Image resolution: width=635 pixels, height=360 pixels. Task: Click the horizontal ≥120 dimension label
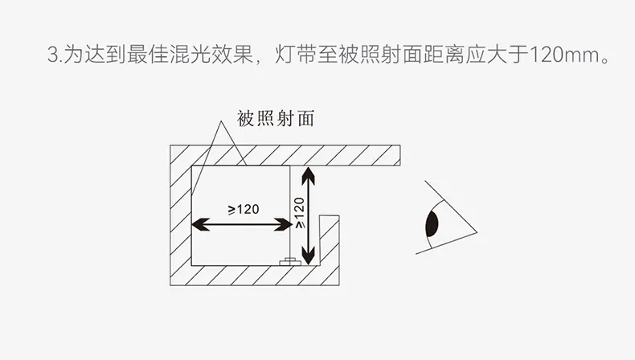point(244,210)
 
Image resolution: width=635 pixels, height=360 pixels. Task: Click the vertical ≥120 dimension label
point(300,213)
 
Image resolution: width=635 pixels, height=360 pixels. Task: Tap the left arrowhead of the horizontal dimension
point(200,224)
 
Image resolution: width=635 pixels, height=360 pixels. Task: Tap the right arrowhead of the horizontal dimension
point(283,224)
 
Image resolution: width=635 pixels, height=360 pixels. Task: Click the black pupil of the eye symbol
point(432,224)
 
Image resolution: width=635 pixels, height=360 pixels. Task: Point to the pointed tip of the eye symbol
point(477,232)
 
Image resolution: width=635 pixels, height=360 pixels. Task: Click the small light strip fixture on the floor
point(290,262)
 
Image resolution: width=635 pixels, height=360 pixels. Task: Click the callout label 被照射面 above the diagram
point(276,119)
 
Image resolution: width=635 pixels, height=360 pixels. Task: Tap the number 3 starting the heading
point(52,55)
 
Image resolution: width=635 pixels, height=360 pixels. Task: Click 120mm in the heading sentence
point(564,55)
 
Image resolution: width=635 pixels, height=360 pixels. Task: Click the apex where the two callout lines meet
point(221,121)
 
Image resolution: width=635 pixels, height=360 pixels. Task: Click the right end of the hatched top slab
point(400,155)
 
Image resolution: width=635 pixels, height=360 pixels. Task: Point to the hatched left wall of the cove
point(181,215)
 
